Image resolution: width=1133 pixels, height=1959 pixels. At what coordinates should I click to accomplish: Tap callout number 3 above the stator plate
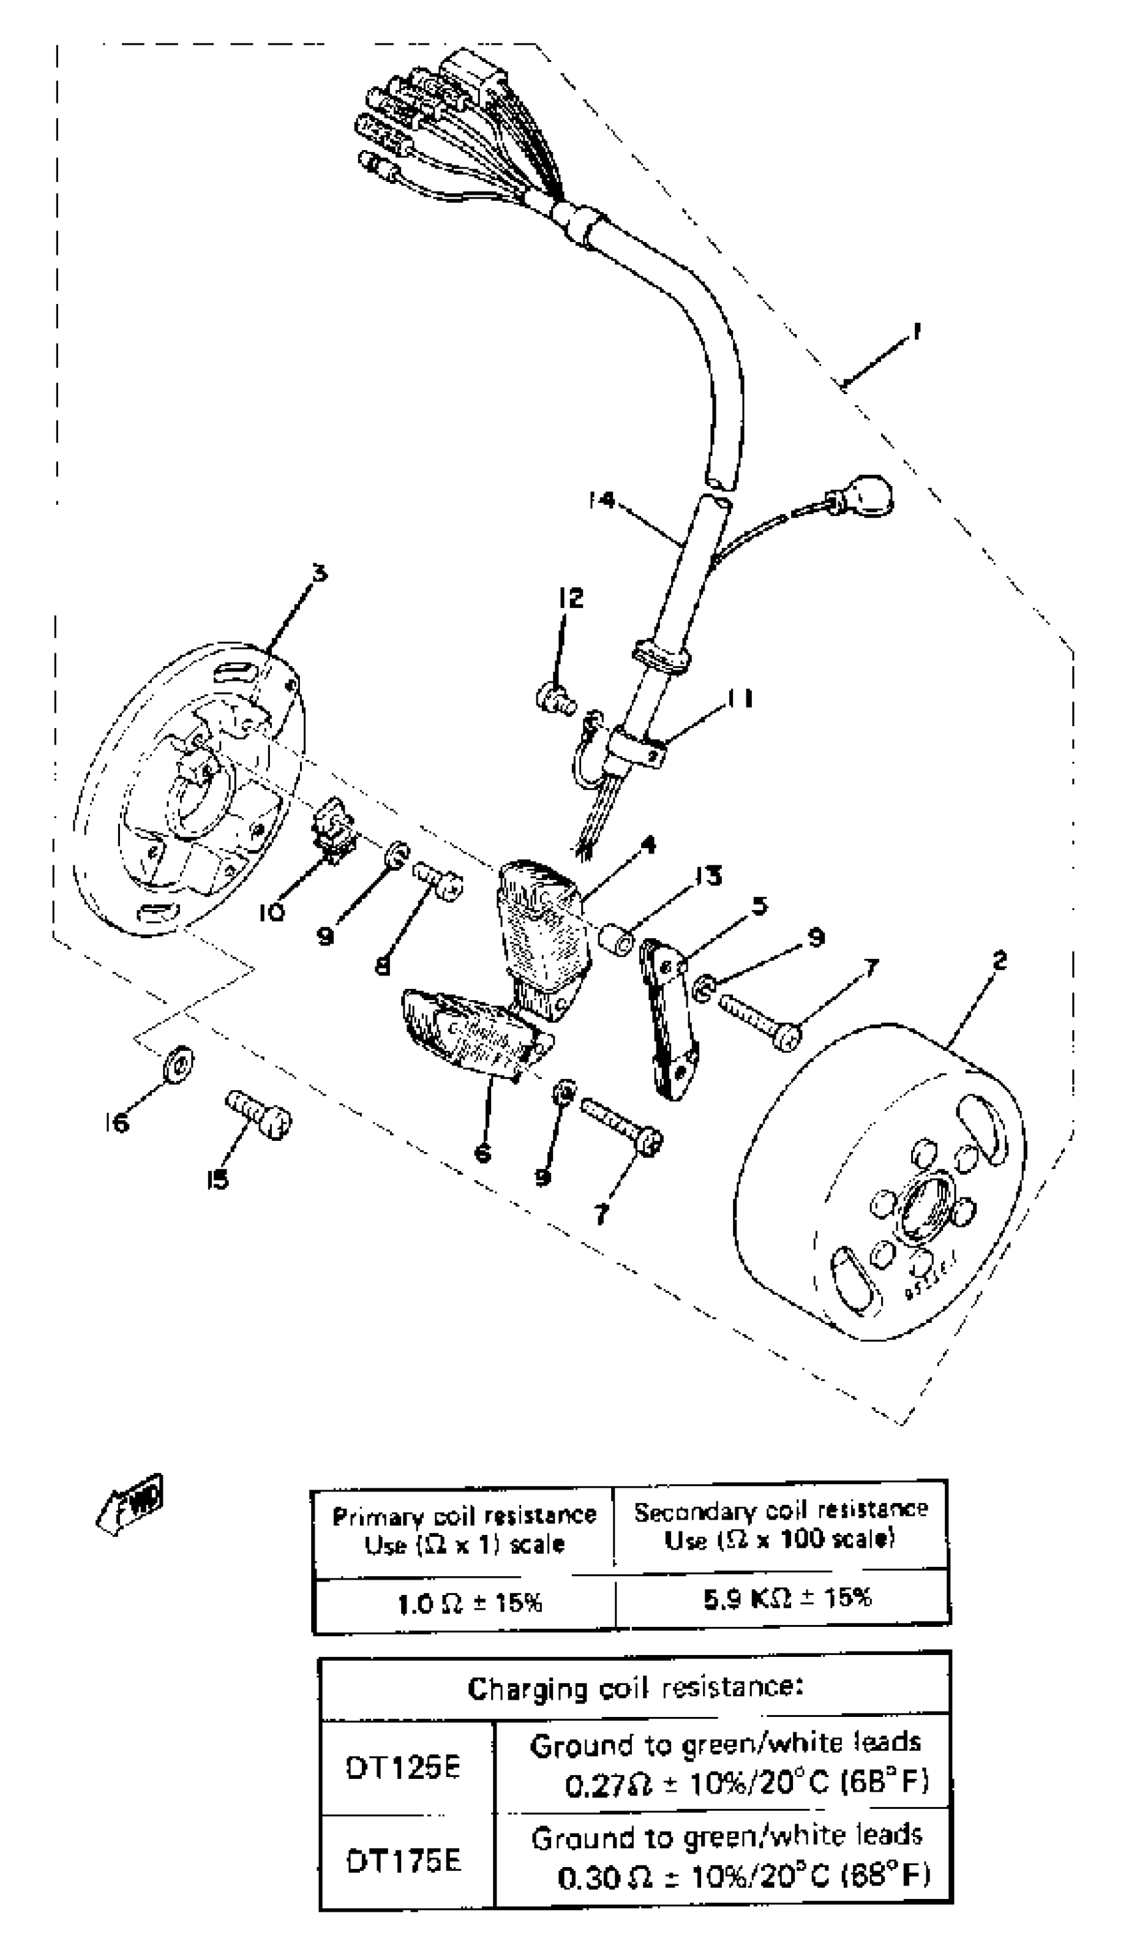point(319,573)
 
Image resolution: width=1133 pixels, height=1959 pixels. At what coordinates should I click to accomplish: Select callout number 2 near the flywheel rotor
point(999,961)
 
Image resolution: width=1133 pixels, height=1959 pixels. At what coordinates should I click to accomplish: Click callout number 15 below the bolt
point(217,1180)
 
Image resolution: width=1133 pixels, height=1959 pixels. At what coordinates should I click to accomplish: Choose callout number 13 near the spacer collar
point(707,876)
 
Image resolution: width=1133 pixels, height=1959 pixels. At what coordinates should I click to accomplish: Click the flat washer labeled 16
point(179,1061)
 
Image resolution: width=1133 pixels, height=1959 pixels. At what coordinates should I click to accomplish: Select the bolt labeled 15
point(259,1115)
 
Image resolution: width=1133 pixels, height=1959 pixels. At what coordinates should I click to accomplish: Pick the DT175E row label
point(403,1861)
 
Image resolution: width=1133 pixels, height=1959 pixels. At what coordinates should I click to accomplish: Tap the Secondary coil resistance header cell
point(780,1526)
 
